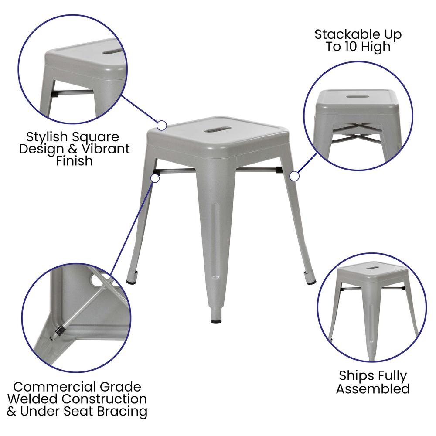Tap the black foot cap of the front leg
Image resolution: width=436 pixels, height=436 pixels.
[216, 321]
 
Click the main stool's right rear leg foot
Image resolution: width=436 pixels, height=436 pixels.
[310, 282]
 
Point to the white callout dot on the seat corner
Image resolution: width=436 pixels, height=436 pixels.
[162, 126]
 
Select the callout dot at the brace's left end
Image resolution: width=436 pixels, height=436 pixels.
[154, 178]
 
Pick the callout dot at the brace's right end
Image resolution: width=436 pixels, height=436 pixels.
[294, 176]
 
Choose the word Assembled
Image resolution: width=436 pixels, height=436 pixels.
[373, 388]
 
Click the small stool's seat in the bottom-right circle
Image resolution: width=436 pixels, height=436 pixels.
[372, 269]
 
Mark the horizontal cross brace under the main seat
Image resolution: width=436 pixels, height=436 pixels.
[217, 171]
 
